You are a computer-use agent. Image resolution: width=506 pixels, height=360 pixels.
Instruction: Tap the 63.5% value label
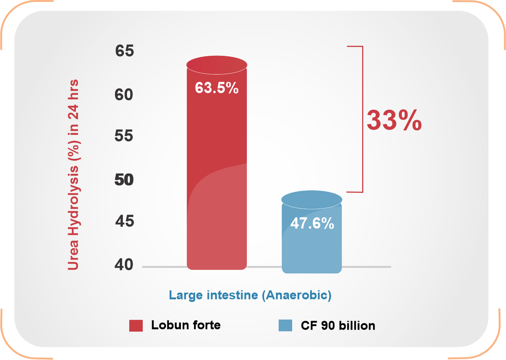tap(217, 88)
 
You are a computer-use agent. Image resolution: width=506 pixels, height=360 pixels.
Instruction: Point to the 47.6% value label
tap(312, 223)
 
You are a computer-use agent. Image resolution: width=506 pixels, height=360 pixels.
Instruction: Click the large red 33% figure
tap(394, 120)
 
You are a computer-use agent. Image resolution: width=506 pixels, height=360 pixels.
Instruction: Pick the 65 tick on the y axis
tap(124, 51)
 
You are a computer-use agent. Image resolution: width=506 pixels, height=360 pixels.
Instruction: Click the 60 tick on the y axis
tap(124, 95)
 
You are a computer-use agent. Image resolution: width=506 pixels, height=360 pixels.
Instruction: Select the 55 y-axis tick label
tap(124, 136)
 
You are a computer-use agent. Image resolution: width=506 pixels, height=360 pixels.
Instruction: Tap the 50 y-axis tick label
tap(124, 180)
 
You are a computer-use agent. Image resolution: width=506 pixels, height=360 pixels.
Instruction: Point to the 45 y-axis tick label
tap(124, 221)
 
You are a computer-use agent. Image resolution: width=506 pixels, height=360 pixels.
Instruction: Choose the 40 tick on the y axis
tap(124, 265)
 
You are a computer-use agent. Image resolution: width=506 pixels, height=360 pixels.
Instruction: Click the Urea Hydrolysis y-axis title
tap(73, 175)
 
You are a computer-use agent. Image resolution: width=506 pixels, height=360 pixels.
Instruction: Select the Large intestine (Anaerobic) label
tap(250, 295)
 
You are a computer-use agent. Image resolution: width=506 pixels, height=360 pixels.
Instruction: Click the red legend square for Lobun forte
tap(136, 326)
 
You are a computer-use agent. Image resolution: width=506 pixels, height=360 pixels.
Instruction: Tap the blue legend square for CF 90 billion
tap(285, 325)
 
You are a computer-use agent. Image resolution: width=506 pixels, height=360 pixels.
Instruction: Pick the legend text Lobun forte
tap(186, 325)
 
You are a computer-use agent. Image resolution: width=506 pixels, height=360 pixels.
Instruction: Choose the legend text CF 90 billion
tap(338, 326)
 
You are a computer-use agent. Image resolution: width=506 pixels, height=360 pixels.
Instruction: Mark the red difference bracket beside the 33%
tap(362, 119)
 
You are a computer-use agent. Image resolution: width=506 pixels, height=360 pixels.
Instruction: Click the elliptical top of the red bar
tap(217, 65)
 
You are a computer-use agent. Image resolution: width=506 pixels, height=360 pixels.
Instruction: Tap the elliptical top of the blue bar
tap(312, 199)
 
